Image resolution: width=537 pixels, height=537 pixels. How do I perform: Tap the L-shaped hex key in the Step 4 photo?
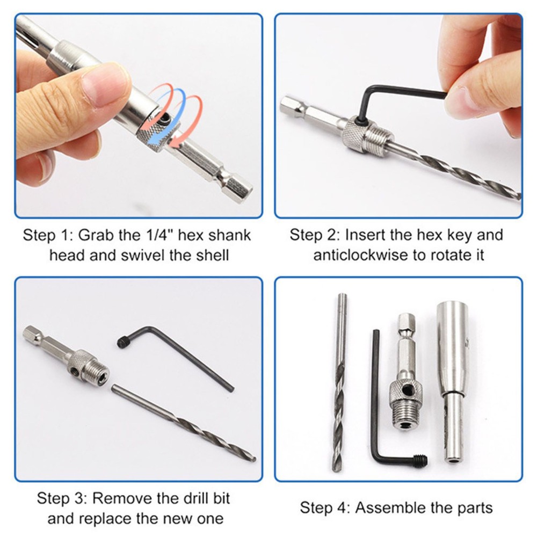(x=384, y=419)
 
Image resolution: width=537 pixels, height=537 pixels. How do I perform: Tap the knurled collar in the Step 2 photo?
(x=359, y=134)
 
